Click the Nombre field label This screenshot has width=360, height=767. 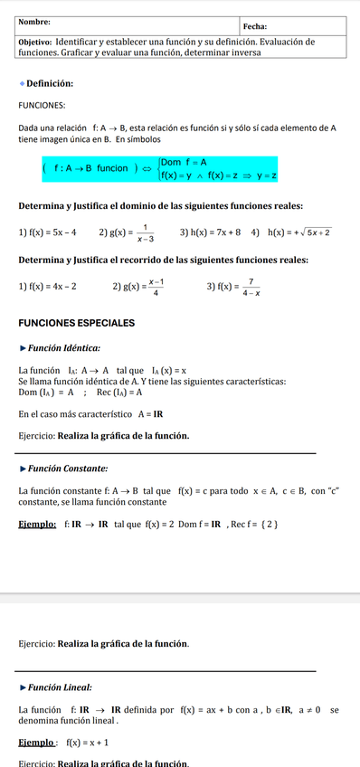pyautogui.click(x=34, y=22)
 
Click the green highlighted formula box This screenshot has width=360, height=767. pyautogui.click(x=159, y=168)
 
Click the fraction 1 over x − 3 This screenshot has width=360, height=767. pyautogui.click(x=145, y=233)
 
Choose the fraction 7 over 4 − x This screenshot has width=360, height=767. pyautogui.click(x=250, y=288)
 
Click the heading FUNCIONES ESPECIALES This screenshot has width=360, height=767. pyautogui.click(x=77, y=323)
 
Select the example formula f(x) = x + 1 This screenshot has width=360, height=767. pyautogui.click(x=88, y=743)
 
